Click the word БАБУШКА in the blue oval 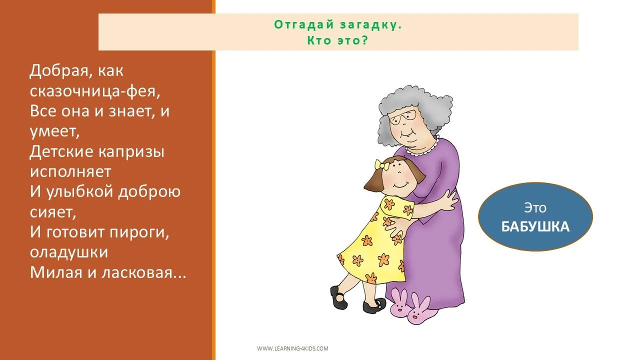[x=535, y=226]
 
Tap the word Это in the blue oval [x=535, y=207]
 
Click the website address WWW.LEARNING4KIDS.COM [x=292, y=348]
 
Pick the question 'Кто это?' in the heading [x=337, y=40]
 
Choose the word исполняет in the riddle [x=70, y=171]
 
